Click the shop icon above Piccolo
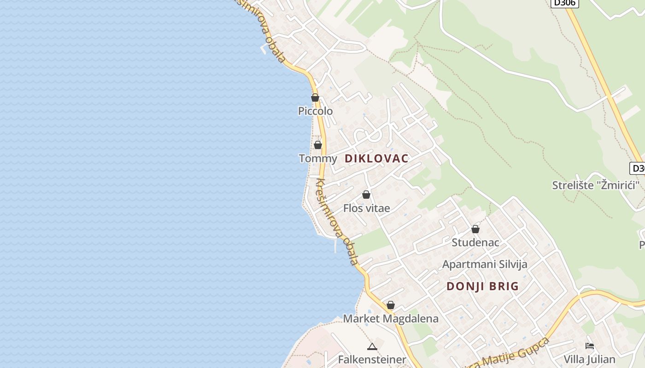click(315, 98)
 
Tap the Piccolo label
click(315, 111)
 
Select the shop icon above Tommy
click(318, 145)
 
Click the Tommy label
click(318, 159)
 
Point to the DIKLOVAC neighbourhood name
click(376, 159)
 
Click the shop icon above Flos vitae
click(366, 195)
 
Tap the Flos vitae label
click(366, 208)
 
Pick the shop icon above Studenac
click(475, 229)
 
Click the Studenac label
click(475, 242)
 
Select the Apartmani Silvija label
click(485, 264)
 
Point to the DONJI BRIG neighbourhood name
click(482, 286)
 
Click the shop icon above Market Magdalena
click(391, 305)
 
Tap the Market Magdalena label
click(391, 318)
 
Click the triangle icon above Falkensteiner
click(372, 346)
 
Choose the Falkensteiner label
click(372, 359)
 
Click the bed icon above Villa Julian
click(589, 346)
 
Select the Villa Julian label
click(589, 359)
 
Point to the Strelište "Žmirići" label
click(596, 185)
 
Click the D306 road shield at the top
click(564, 3)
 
